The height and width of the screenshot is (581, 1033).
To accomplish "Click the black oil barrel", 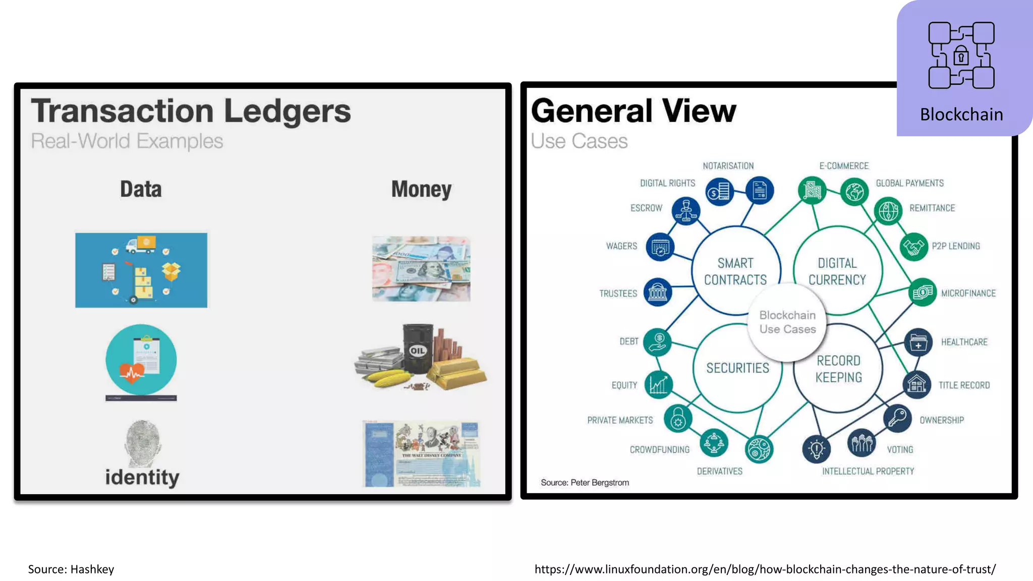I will pyautogui.click(x=418, y=349).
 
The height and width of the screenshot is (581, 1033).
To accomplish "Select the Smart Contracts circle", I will pyautogui.click(x=735, y=271).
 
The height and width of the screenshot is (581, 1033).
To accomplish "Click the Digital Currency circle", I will pyautogui.click(x=837, y=271).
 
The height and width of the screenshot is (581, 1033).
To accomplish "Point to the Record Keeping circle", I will pyautogui.click(x=838, y=369).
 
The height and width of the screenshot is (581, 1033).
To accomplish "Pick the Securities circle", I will pyautogui.click(x=737, y=368).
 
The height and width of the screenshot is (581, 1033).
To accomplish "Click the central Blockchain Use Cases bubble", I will pyautogui.click(x=787, y=322).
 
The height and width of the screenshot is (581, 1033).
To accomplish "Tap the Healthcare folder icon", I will pyautogui.click(x=918, y=342).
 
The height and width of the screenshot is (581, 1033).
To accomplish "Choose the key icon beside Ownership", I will pyautogui.click(x=897, y=418).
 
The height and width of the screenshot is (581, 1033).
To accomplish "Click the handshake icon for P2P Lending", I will pyautogui.click(x=913, y=247).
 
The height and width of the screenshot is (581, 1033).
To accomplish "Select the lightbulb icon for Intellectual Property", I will pyautogui.click(x=817, y=448).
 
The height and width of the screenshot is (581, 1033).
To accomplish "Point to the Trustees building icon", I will pyautogui.click(x=658, y=292).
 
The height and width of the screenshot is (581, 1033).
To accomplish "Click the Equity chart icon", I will pyautogui.click(x=658, y=385).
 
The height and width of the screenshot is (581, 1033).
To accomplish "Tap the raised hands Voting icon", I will pyautogui.click(x=862, y=443).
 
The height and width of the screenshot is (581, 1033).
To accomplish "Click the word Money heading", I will pyautogui.click(x=421, y=190).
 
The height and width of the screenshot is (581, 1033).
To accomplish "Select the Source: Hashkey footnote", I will pyautogui.click(x=71, y=569).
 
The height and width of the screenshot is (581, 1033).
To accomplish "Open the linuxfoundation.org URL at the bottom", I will pyautogui.click(x=765, y=569).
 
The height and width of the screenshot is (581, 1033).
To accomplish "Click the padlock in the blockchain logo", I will pyautogui.click(x=961, y=56).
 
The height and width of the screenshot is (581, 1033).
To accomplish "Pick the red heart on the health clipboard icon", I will pyautogui.click(x=132, y=373).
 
